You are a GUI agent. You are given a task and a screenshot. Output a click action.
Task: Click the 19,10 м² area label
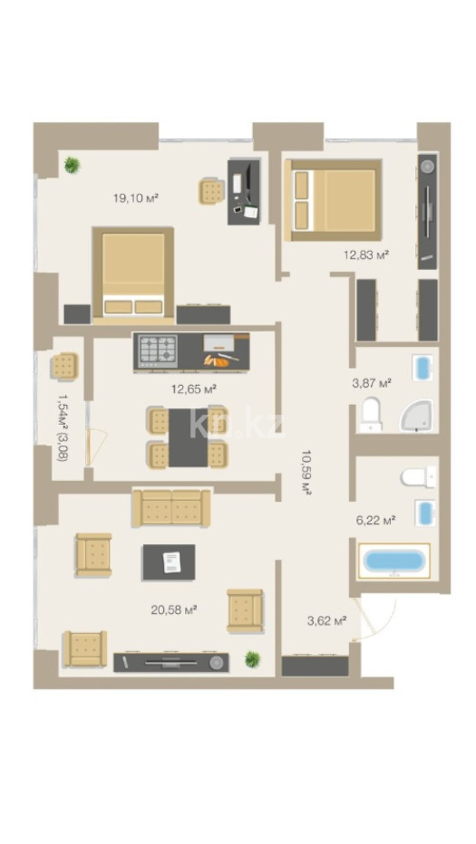coord(135,197)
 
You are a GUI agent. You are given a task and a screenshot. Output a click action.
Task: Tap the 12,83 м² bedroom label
coord(366,254)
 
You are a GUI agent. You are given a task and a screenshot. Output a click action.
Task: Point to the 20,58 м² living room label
coord(173,609)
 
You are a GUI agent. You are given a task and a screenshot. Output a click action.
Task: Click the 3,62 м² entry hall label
coord(326,620)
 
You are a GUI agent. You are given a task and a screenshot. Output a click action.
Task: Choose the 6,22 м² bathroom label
coord(375,520)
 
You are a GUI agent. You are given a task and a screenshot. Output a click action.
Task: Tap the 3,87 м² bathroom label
coord(372,383)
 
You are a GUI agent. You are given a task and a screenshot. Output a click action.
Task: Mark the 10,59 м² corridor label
coord(306,472)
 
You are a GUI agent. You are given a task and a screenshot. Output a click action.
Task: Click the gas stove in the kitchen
coord(158,351)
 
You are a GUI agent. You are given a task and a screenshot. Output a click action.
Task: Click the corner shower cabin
coord(416,416)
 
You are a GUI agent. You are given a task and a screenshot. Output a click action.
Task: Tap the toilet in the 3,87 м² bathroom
coord(372,415)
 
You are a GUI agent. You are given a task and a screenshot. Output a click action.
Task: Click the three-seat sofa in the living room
coord(171,508)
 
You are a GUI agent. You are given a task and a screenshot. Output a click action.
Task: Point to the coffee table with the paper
coord(169,562)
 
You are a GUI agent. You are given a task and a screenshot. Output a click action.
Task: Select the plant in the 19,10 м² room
coord(72,164)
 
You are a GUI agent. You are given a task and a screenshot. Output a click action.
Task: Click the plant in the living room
coord(252,658)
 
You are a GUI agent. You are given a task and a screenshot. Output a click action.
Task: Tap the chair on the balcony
coord(65,366)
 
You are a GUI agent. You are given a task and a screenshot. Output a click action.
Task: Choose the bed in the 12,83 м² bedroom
coord(333,200)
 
